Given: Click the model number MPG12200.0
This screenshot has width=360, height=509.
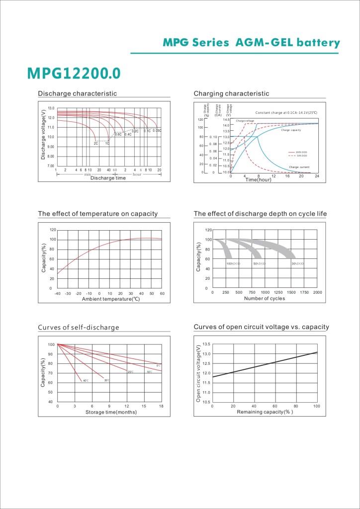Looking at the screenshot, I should [x=74, y=73].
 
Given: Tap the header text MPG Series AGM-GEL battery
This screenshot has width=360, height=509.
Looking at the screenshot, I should [x=251, y=43].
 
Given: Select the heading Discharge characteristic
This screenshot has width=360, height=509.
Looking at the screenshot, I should [x=78, y=93].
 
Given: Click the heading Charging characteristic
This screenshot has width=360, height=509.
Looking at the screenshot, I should [x=231, y=93].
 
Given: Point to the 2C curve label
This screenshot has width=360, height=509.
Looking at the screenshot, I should [x=96, y=143].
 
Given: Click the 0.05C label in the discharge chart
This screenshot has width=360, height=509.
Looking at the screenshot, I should [x=157, y=131].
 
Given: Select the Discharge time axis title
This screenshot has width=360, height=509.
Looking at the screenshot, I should [x=108, y=178].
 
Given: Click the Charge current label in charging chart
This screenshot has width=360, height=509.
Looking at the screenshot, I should [x=299, y=167].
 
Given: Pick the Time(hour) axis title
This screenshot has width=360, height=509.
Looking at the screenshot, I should [x=258, y=179].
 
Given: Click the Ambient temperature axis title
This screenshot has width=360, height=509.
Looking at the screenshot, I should [x=110, y=299].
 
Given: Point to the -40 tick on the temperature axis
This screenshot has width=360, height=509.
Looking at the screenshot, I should [x=58, y=294].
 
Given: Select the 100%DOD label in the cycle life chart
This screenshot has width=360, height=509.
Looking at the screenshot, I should [x=233, y=263].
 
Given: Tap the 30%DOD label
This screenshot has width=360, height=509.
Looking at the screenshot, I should [x=297, y=263].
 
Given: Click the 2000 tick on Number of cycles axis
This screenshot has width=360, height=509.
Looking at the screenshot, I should [x=317, y=293].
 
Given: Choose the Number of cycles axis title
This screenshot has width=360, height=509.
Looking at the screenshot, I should [x=264, y=299].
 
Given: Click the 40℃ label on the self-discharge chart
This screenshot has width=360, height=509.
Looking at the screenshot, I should [x=86, y=381].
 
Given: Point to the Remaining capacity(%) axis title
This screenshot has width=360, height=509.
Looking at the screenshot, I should [x=264, y=412].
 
